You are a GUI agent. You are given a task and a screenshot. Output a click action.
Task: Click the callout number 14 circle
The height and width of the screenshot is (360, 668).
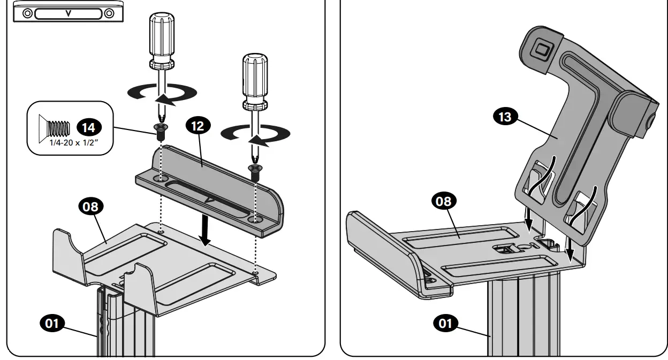tap(88, 127)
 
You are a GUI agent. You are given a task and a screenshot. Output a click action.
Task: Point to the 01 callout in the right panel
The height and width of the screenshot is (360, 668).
tap(445, 323)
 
